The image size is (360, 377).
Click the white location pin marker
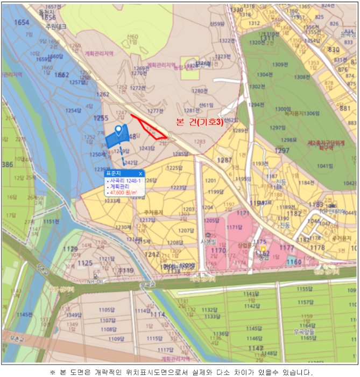(118, 130)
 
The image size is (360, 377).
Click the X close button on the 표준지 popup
(140, 173)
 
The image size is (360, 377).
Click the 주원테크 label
(55, 25)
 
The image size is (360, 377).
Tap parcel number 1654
(22, 22)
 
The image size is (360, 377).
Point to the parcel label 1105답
(107, 310)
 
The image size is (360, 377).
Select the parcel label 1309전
(280, 65)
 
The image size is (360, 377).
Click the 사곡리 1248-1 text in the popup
(125, 180)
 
